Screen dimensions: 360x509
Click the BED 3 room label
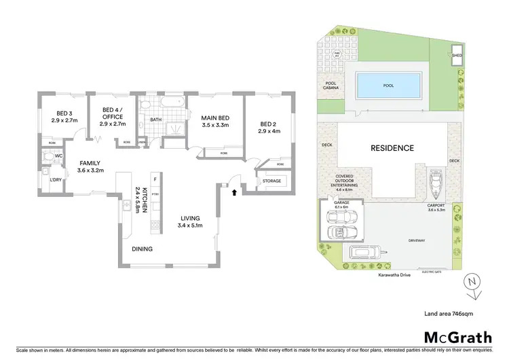pyautogui.click(x=64, y=113)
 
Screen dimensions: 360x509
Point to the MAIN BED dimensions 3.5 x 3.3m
pyautogui.click(x=214, y=125)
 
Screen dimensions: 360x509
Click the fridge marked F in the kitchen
pyautogui.click(x=155, y=179)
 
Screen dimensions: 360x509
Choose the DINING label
pyautogui.click(x=142, y=249)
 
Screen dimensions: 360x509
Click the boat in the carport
pyautogui.click(x=434, y=181)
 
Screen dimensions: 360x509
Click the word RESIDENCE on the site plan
pyautogui.click(x=392, y=147)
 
